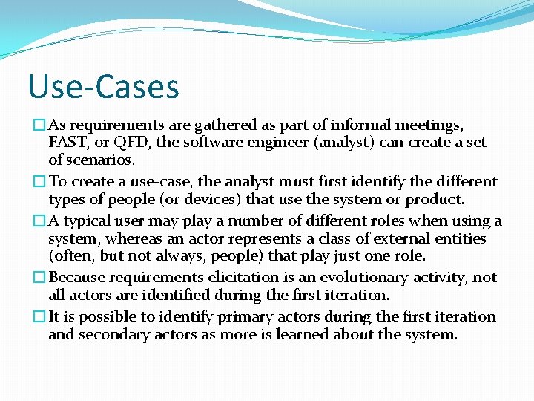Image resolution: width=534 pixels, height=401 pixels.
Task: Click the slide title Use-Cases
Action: point(103,86)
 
